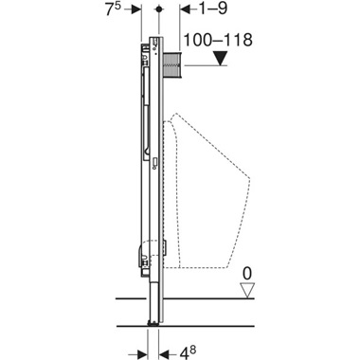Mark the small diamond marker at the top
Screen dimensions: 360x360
[157, 9]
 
